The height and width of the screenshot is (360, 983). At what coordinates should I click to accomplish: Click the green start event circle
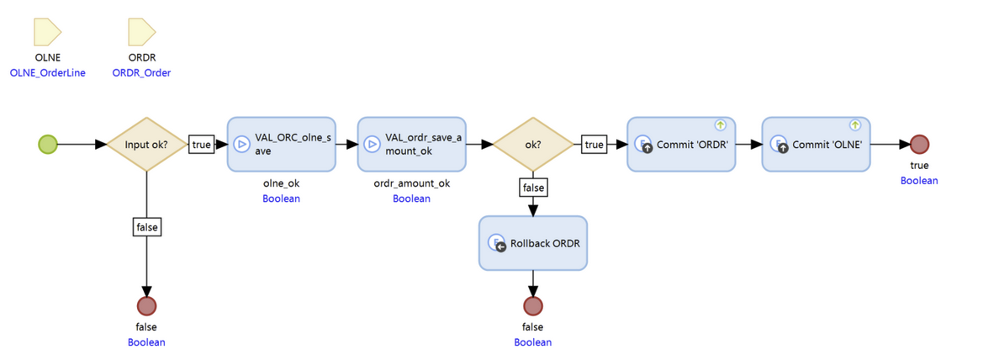49,144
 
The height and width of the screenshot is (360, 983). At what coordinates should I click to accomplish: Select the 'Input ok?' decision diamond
146,144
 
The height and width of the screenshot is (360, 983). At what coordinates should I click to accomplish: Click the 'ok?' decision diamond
532,144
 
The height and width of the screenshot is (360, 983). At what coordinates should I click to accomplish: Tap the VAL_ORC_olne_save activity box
281,144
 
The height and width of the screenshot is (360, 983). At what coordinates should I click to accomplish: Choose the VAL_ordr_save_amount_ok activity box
411,144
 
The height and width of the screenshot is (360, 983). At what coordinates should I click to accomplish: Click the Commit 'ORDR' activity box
681,144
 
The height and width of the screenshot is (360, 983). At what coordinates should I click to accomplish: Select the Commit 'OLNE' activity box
816,144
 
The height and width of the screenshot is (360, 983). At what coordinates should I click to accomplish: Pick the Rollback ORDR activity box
533,243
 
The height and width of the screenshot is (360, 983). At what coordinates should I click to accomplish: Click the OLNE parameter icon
47,33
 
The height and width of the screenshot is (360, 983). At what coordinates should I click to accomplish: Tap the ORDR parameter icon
141,33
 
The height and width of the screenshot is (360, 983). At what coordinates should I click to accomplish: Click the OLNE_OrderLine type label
47,73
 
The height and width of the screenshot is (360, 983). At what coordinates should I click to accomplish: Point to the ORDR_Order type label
141,73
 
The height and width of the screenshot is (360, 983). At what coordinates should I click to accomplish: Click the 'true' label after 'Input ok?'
202,144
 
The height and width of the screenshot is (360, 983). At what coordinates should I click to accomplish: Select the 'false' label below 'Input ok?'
146,226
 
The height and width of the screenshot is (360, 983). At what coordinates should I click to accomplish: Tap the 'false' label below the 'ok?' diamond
533,188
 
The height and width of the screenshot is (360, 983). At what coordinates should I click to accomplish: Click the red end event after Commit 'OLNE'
919,144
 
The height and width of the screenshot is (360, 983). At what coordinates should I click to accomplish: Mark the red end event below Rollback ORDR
533,305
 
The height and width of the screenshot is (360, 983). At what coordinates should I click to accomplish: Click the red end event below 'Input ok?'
146,305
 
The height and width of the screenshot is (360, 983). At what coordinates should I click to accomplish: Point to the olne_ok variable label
281,183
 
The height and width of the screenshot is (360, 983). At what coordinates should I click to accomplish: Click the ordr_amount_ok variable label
411,183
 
